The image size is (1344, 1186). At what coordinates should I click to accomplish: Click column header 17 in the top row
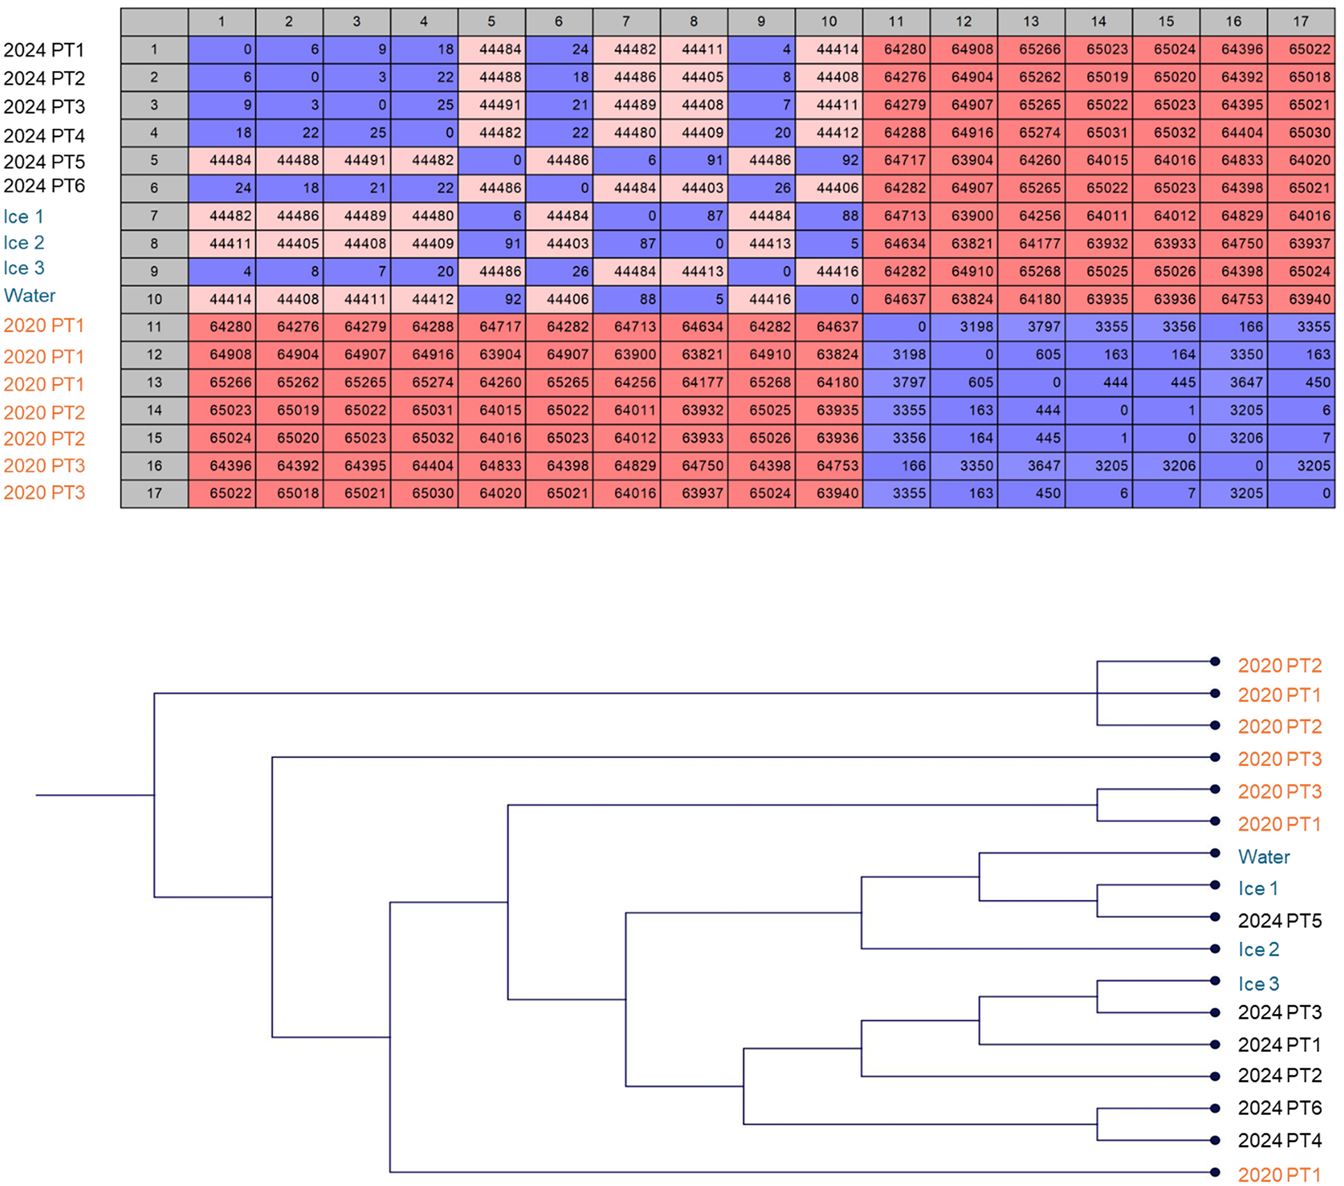pos(1300,22)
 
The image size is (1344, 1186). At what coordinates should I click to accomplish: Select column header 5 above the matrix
pos(491,22)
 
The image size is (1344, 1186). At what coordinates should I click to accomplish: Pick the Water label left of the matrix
pos(30,295)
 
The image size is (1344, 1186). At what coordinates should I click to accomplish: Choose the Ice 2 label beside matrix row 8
pos(24,243)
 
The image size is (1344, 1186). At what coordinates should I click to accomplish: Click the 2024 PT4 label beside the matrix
pos(44,136)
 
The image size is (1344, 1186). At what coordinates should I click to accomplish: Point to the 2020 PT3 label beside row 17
pos(44,493)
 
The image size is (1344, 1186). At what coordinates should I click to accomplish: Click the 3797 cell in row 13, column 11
pos(896,382)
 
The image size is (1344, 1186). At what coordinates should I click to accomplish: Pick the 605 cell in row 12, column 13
pos(1031,355)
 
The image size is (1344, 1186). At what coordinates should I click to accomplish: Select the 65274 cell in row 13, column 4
pos(424,382)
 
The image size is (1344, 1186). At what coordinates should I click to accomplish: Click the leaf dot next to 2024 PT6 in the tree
pos(1215,1108)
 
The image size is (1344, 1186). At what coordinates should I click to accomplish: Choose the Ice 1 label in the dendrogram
pos(1258,889)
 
